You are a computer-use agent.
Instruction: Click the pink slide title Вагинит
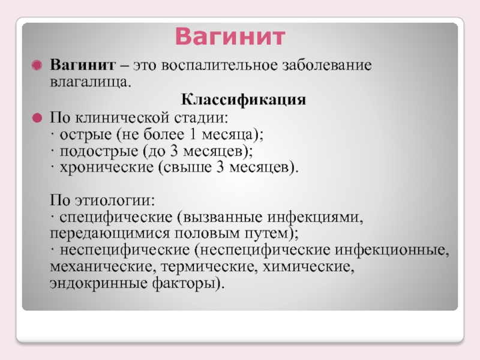pyautogui.click(x=230, y=37)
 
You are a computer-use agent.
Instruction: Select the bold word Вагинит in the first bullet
pyautogui.click(x=83, y=65)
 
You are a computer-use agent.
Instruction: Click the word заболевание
pyautogui.click(x=327, y=65)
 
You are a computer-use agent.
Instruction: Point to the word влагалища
pyautogui.click(x=91, y=82)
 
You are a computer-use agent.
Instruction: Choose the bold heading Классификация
pyautogui.click(x=244, y=100)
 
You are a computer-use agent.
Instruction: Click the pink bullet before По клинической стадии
pyautogui.click(x=37, y=118)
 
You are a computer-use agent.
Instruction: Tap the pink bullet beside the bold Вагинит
pyautogui.click(x=37, y=65)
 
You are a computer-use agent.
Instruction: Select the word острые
pyautogui.click(x=85, y=134)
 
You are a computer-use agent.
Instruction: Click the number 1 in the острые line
pyautogui.click(x=193, y=134)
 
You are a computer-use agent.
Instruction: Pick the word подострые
pyautogui.click(x=98, y=152)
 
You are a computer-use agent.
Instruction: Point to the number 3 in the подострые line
pyautogui.click(x=173, y=151)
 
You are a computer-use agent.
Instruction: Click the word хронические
pyautogui.click(x=106, y=167)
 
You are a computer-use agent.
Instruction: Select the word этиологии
pyautogui.click(x=115, y=200)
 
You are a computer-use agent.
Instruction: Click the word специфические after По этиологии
pyautogui.click(x=116, y=217)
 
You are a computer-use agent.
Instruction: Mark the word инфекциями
pyautogui.click(x=316, y=217)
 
